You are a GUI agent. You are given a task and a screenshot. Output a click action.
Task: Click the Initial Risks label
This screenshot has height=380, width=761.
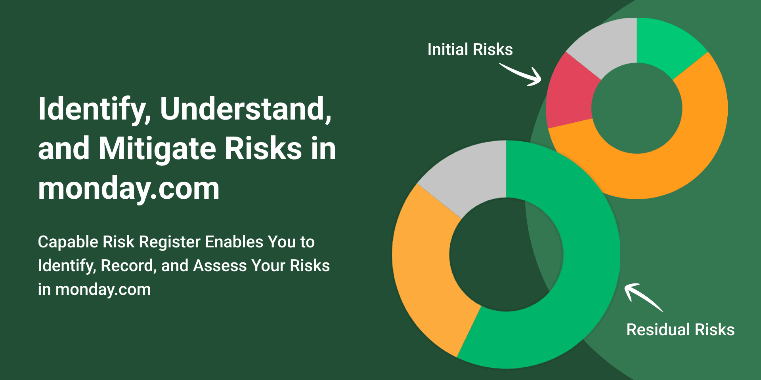pos(470,49)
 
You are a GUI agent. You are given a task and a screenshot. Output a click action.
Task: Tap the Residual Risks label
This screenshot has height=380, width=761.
pos(681,330)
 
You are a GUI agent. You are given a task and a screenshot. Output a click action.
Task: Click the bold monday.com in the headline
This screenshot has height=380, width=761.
pos(129,188)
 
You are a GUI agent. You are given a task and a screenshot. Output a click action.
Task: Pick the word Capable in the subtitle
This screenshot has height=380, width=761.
pos(68,242)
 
